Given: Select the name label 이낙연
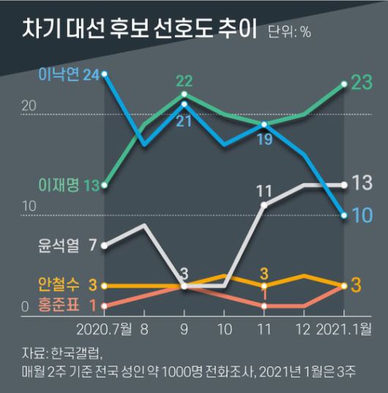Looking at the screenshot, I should pos(59,74).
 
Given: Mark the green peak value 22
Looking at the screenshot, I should pos(184,80).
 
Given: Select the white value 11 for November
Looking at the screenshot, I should pos(264,192).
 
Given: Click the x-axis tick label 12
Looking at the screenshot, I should pos(304,329).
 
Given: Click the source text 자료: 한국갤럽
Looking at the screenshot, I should pos(60,351).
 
